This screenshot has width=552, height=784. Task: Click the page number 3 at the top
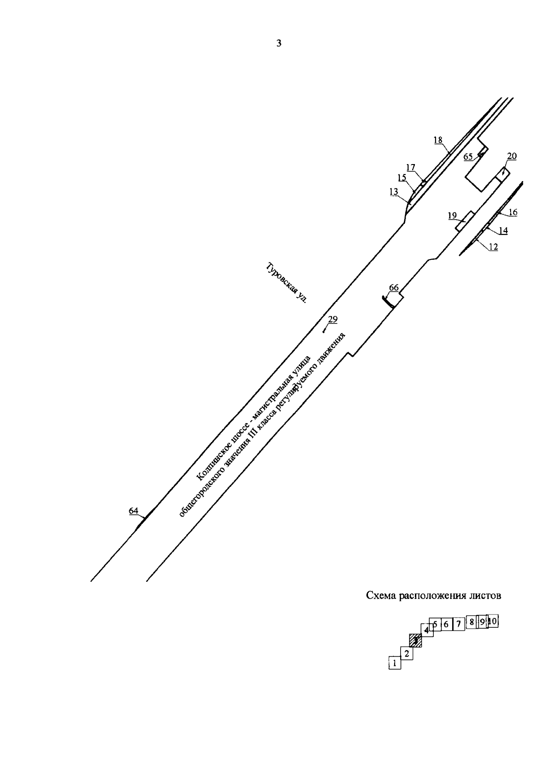pos(278,44)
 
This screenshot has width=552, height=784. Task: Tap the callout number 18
pos(438,140)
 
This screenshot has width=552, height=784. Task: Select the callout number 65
pos(468,157)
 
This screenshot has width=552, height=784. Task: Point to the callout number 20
pos(512,156)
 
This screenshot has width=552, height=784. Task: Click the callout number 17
pos(410,167)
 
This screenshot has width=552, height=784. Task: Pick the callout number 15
pos(402,178)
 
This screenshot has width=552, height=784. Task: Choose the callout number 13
pos(394,193)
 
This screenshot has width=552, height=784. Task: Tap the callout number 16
pos(513,212)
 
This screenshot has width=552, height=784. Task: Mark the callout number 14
pos(503,231)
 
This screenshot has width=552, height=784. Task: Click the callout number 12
pos(493,247)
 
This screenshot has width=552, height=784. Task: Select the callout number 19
pos(452,215)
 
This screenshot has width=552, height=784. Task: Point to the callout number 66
pos(394,288)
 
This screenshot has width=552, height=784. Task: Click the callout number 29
pos(333,319)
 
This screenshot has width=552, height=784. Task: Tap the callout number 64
pos(133,511)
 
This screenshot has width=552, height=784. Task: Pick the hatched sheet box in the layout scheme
pos(415,640)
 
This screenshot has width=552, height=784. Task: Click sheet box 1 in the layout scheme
pos(394,663)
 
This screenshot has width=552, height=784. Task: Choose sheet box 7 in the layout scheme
pos(458,624)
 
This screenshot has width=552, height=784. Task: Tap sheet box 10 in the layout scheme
pos(493,621)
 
